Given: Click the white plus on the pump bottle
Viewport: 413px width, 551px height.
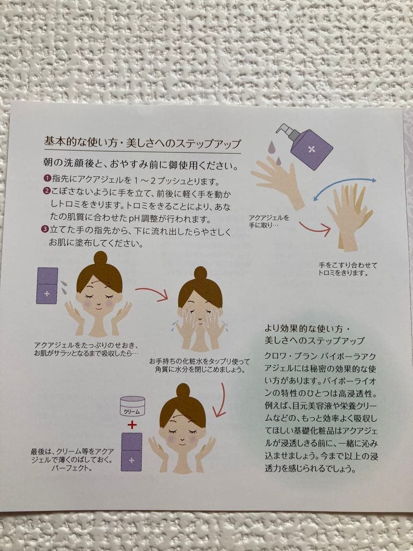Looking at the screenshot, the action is tap(311, 149).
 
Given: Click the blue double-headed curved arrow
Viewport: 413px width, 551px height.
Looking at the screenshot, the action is tap(345, 188).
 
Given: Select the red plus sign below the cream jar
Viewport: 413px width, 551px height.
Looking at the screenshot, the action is tap(132, 425).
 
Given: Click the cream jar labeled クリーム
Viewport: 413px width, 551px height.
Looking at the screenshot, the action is tap(133, 406).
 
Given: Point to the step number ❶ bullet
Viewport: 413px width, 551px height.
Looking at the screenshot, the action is tap(47, 179).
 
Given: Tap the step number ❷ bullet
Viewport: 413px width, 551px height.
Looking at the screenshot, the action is tap(47, 191).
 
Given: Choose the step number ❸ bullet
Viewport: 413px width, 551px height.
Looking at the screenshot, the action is tap(45, 229).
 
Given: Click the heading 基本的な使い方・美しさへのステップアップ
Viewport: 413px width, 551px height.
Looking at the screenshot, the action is tap(142, 142).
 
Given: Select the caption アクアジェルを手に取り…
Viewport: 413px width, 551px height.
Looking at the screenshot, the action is tap(269, 221).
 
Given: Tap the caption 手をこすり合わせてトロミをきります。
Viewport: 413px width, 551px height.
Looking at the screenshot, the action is tap(348, 269).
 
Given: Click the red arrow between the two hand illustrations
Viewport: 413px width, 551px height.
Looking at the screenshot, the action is tap(315, 229).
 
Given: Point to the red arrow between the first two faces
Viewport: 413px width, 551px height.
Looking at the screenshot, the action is tap(152, 293).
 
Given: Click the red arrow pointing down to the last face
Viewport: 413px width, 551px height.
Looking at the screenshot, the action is tap(221, 400).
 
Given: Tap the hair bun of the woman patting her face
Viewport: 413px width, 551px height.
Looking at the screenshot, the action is tap(200, 273).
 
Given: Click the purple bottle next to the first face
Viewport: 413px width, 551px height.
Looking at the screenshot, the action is tap(47, 286).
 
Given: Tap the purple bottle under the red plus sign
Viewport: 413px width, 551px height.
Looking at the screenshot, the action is tap(132, 452).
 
